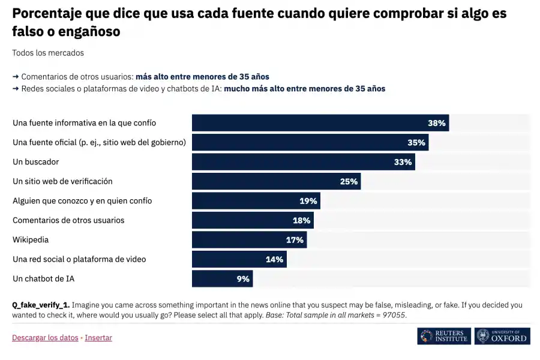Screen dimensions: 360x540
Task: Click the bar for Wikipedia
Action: coord(249,239)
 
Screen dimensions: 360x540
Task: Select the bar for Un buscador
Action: coord(303,162)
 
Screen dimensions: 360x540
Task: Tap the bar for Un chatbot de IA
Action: coord(222,278)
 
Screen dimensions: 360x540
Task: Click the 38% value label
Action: coord(436,123)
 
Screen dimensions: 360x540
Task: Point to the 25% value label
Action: coord(349,181)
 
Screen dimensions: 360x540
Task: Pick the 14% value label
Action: coord(274,259)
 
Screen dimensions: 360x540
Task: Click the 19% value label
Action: coord(308,201)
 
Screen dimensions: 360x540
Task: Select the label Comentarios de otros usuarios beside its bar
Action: coord(68,220)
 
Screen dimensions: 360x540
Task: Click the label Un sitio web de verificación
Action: coord(62,181)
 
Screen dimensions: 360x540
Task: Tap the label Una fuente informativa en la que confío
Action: coord(84,123)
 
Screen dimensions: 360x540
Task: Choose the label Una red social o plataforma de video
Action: coord(79,259)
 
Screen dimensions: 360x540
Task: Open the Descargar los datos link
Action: coord(45,338)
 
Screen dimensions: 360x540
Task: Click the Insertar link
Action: coord(98,338)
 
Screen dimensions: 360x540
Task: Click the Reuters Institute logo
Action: coord(444,336)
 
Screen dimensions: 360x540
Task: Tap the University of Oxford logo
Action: coord(502,336)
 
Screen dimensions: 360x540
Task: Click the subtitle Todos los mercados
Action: coord(48,53)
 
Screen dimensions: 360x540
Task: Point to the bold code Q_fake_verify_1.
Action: coord(41,305)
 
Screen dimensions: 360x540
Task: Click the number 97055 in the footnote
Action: coord(394,315)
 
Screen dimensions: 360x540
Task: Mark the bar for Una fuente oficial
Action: coord(310,142)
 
